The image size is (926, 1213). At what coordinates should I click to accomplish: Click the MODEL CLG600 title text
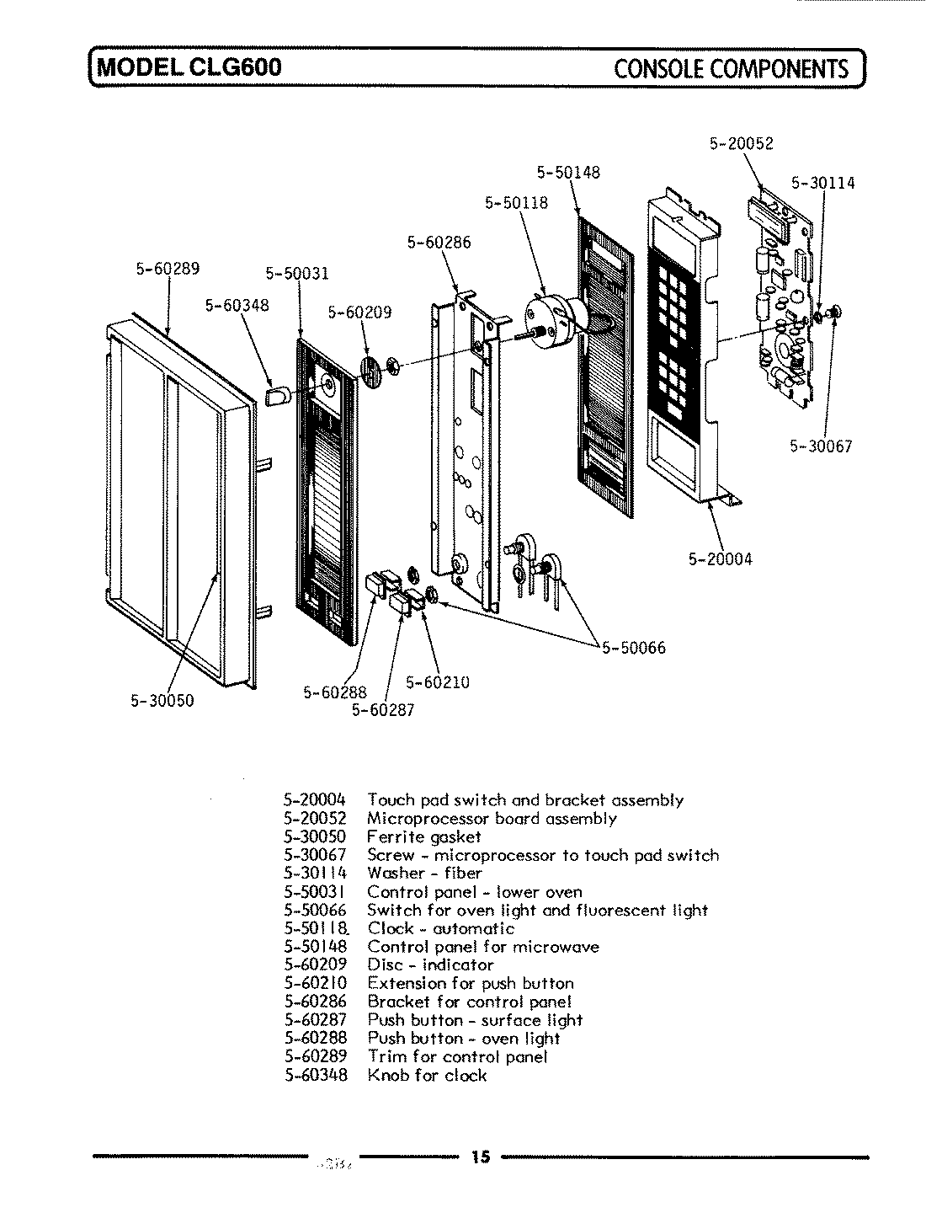(x=190, y=67)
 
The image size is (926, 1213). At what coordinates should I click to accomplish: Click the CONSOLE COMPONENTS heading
(x=732, y=67)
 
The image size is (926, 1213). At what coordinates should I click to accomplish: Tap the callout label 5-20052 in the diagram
(x=741, y=144)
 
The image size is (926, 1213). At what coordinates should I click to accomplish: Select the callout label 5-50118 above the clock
(x=516, y=203)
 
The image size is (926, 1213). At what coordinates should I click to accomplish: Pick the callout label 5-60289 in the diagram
(x=167, y=269)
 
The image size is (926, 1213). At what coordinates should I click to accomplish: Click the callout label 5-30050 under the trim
(x=162, y=701)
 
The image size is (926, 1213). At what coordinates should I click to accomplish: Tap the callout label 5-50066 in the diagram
(x=632, y=648)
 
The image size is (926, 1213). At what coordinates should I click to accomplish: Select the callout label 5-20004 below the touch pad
(x=720, y=558)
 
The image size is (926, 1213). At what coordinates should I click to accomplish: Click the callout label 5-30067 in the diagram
(x=821, y=446)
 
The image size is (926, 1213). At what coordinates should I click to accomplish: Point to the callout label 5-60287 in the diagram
(x=383, y=710)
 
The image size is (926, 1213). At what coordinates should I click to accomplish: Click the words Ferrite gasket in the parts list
(x=423, y=836)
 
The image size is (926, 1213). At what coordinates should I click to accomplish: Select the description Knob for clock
(x=427, y=1075)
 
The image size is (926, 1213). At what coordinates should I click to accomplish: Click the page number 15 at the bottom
(x=480, y=1157)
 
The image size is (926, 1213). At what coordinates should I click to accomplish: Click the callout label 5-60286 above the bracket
(x=439, y=243)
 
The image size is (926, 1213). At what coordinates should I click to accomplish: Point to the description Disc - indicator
(x=430, y=965)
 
